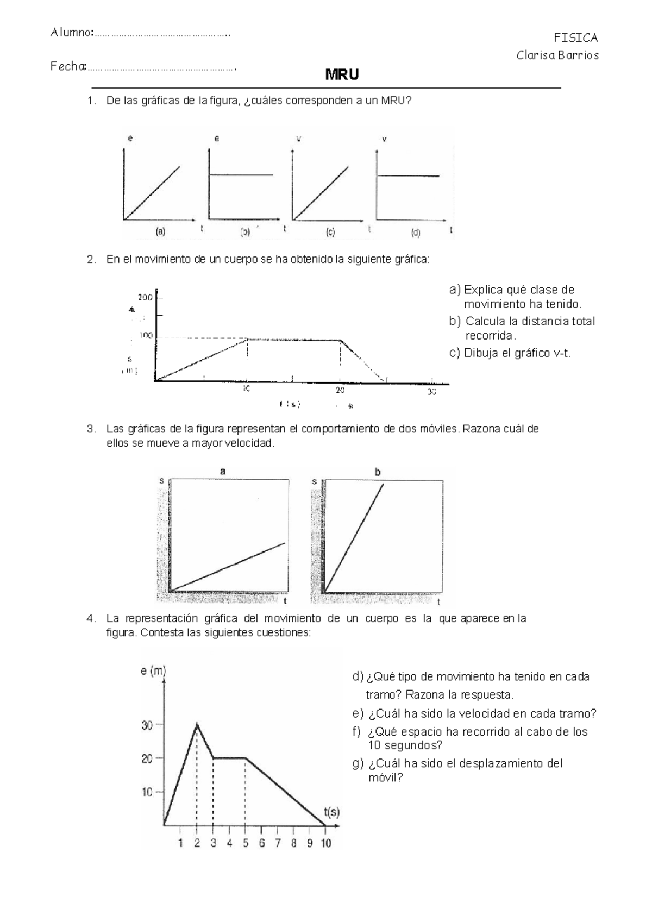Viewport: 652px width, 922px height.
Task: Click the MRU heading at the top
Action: point(342,75)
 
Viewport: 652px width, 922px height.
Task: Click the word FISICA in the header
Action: point(575,38)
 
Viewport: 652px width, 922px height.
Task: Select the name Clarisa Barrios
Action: point(557,55)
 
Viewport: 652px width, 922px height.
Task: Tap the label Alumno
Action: point(71,33)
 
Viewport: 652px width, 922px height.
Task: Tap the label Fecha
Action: point(68,67)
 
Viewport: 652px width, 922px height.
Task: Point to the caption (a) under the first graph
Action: point(160,231)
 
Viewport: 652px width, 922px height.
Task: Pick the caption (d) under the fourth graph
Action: point(416,233)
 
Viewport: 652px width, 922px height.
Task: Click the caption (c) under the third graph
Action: point(330,232)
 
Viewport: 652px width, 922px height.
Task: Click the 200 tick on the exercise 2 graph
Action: point(145,297)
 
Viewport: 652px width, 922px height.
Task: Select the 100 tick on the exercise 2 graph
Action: point(146,336)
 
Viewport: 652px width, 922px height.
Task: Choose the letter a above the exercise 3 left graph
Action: point(222,472)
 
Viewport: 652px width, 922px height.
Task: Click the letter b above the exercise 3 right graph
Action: point(378,473)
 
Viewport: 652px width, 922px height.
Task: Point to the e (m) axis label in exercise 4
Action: point(153,672)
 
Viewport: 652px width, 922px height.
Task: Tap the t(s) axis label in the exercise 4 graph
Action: point(331,812)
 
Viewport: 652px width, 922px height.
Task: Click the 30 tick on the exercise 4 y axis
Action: point(147,725)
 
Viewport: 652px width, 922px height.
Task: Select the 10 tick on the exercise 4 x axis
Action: point(325,843)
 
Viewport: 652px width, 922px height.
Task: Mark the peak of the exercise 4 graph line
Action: point(197,724)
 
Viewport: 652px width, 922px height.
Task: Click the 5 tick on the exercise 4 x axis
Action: point(246,843)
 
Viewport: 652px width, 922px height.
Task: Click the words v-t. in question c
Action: point(562,353)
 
